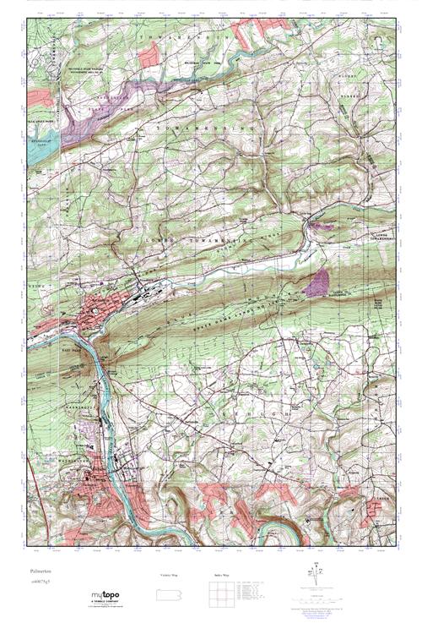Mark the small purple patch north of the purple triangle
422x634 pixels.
coord(318,226)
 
